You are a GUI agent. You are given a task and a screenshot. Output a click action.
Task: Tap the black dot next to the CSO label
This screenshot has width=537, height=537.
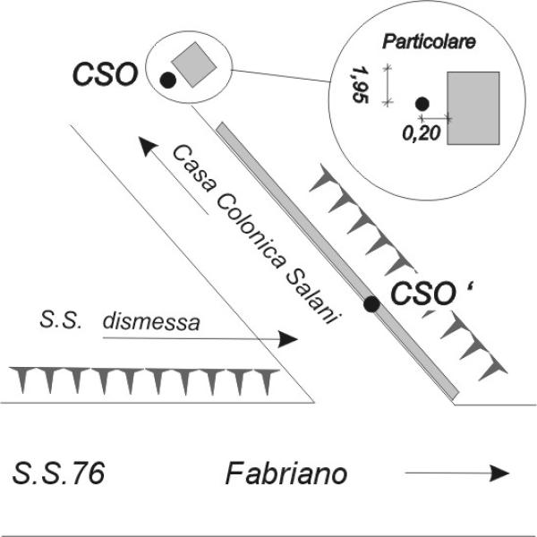point(166,81)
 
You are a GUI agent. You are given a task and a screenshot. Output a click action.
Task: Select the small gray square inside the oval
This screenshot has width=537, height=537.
point(193,64)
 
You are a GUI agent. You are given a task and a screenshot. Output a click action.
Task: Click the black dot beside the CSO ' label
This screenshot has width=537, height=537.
point(370,305)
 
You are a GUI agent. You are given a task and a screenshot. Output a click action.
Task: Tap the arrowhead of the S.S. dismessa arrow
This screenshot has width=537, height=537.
point(289,340)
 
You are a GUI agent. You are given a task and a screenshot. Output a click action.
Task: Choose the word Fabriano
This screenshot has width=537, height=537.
point(285,473)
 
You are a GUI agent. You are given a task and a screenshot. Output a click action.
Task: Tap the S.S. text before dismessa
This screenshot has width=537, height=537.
point(60,320)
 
